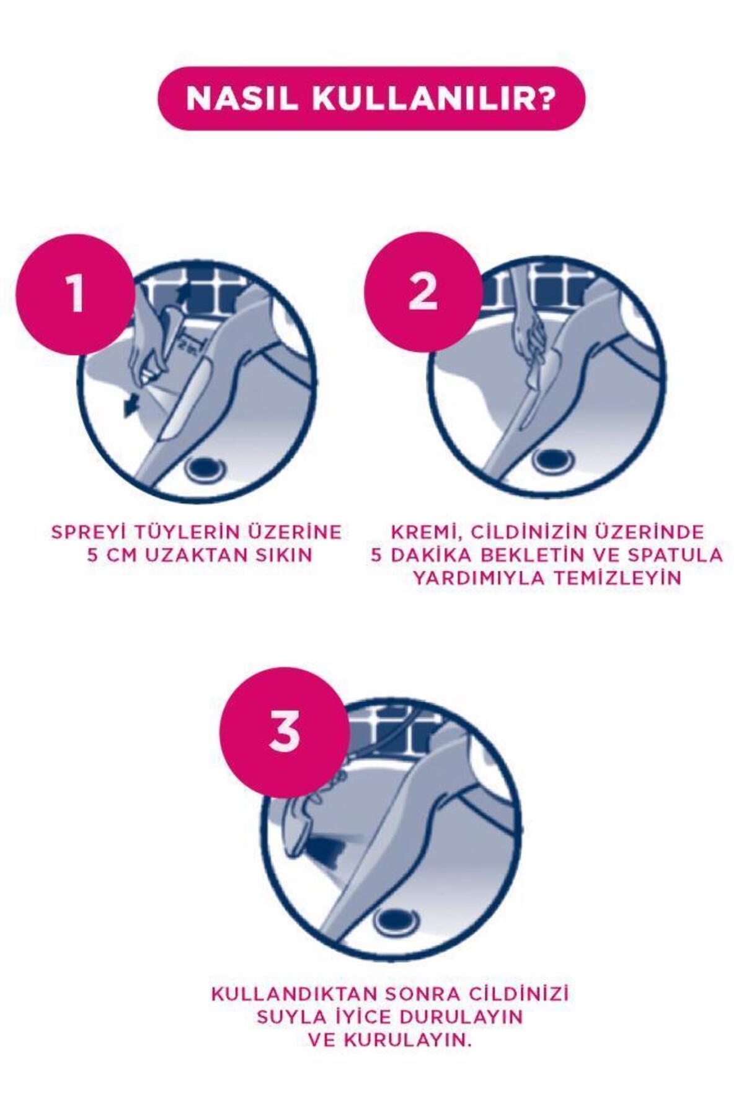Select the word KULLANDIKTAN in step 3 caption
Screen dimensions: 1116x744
(x=294, y=994)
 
